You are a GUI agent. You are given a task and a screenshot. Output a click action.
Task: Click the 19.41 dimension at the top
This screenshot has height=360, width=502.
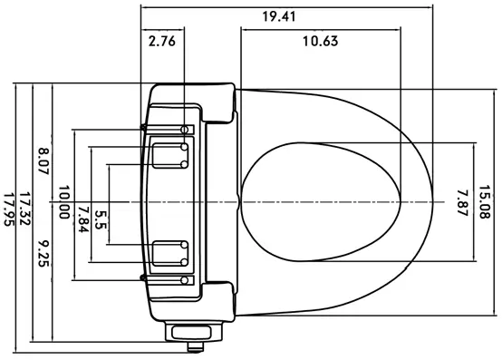(x=279, y=16)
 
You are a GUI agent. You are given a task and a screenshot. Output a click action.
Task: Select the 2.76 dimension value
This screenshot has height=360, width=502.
(x=162, y=41)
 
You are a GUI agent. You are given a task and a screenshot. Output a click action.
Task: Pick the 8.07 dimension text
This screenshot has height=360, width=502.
(x=42, y=160)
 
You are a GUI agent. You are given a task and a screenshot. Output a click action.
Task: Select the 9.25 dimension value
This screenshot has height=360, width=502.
(x=42, y=252)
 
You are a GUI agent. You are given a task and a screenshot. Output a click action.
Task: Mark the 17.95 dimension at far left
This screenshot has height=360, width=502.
(x=8, y=209)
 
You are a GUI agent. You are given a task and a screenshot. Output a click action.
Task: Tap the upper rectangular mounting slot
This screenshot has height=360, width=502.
(x=167, y=155)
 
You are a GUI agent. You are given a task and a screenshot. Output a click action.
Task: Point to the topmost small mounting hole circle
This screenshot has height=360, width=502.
(x=185, y=129)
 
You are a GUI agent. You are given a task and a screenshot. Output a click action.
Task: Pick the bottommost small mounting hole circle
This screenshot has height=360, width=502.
(x=185, y=280)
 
